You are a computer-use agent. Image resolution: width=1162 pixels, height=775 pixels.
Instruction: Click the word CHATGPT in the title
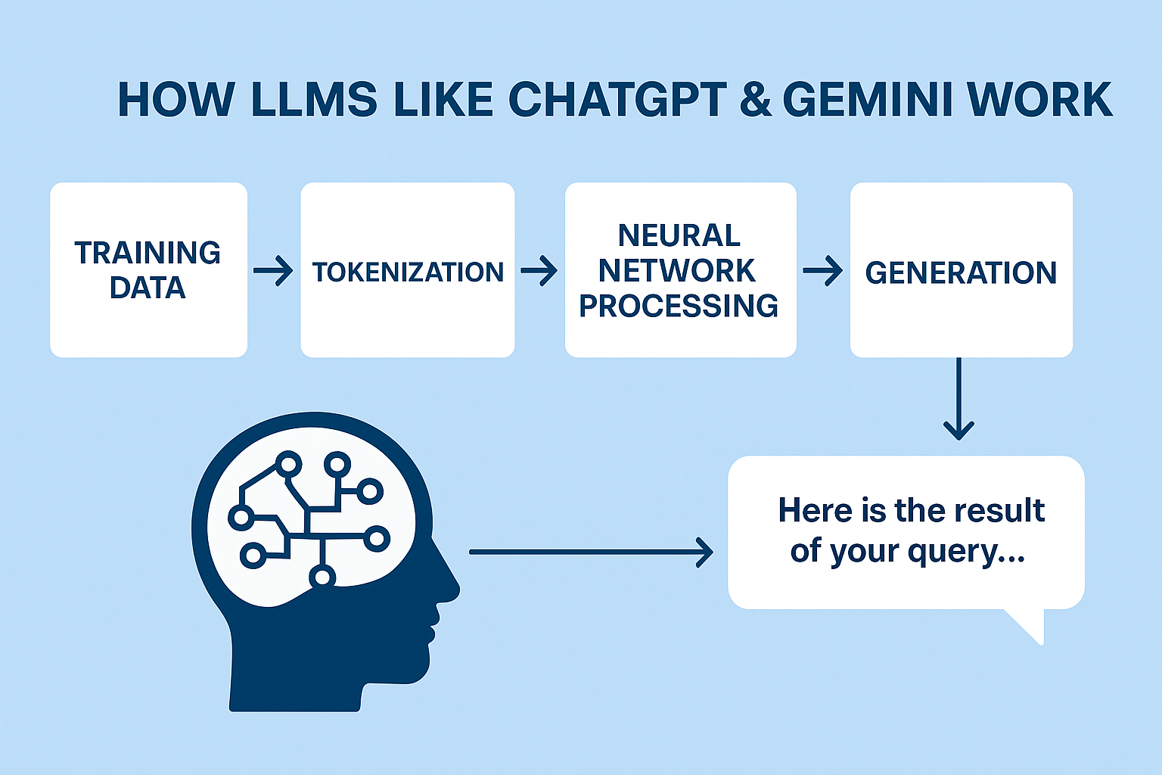[617, 100]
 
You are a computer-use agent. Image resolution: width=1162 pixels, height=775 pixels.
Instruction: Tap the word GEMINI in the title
[867, 100]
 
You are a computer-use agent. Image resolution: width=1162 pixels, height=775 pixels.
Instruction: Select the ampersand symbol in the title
[756, 100]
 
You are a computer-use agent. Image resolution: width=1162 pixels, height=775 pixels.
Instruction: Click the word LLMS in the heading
[313, 100]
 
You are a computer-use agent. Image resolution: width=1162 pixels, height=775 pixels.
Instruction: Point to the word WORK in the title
[1040, 100]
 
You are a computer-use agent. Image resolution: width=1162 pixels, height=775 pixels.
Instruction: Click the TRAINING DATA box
[148, 269]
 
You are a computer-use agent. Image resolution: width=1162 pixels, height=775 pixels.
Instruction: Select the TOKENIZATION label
[408, 272]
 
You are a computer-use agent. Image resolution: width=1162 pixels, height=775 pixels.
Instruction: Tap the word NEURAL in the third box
[679, 235]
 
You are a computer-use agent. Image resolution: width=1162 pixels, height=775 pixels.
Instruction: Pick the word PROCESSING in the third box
[679, 306]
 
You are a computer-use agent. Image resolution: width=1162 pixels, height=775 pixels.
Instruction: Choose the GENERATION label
[961, 272]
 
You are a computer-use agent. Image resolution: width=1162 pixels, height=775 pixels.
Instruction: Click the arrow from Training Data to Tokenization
[273, 270]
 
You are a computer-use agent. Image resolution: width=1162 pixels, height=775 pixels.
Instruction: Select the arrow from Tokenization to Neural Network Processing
[539, 270]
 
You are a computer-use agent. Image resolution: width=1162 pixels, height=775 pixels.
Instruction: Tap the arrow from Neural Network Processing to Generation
[823, 270]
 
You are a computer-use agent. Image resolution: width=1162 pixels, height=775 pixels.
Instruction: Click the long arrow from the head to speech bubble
[591, 552]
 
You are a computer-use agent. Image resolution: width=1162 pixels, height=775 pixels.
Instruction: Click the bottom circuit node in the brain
[322, 577]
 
